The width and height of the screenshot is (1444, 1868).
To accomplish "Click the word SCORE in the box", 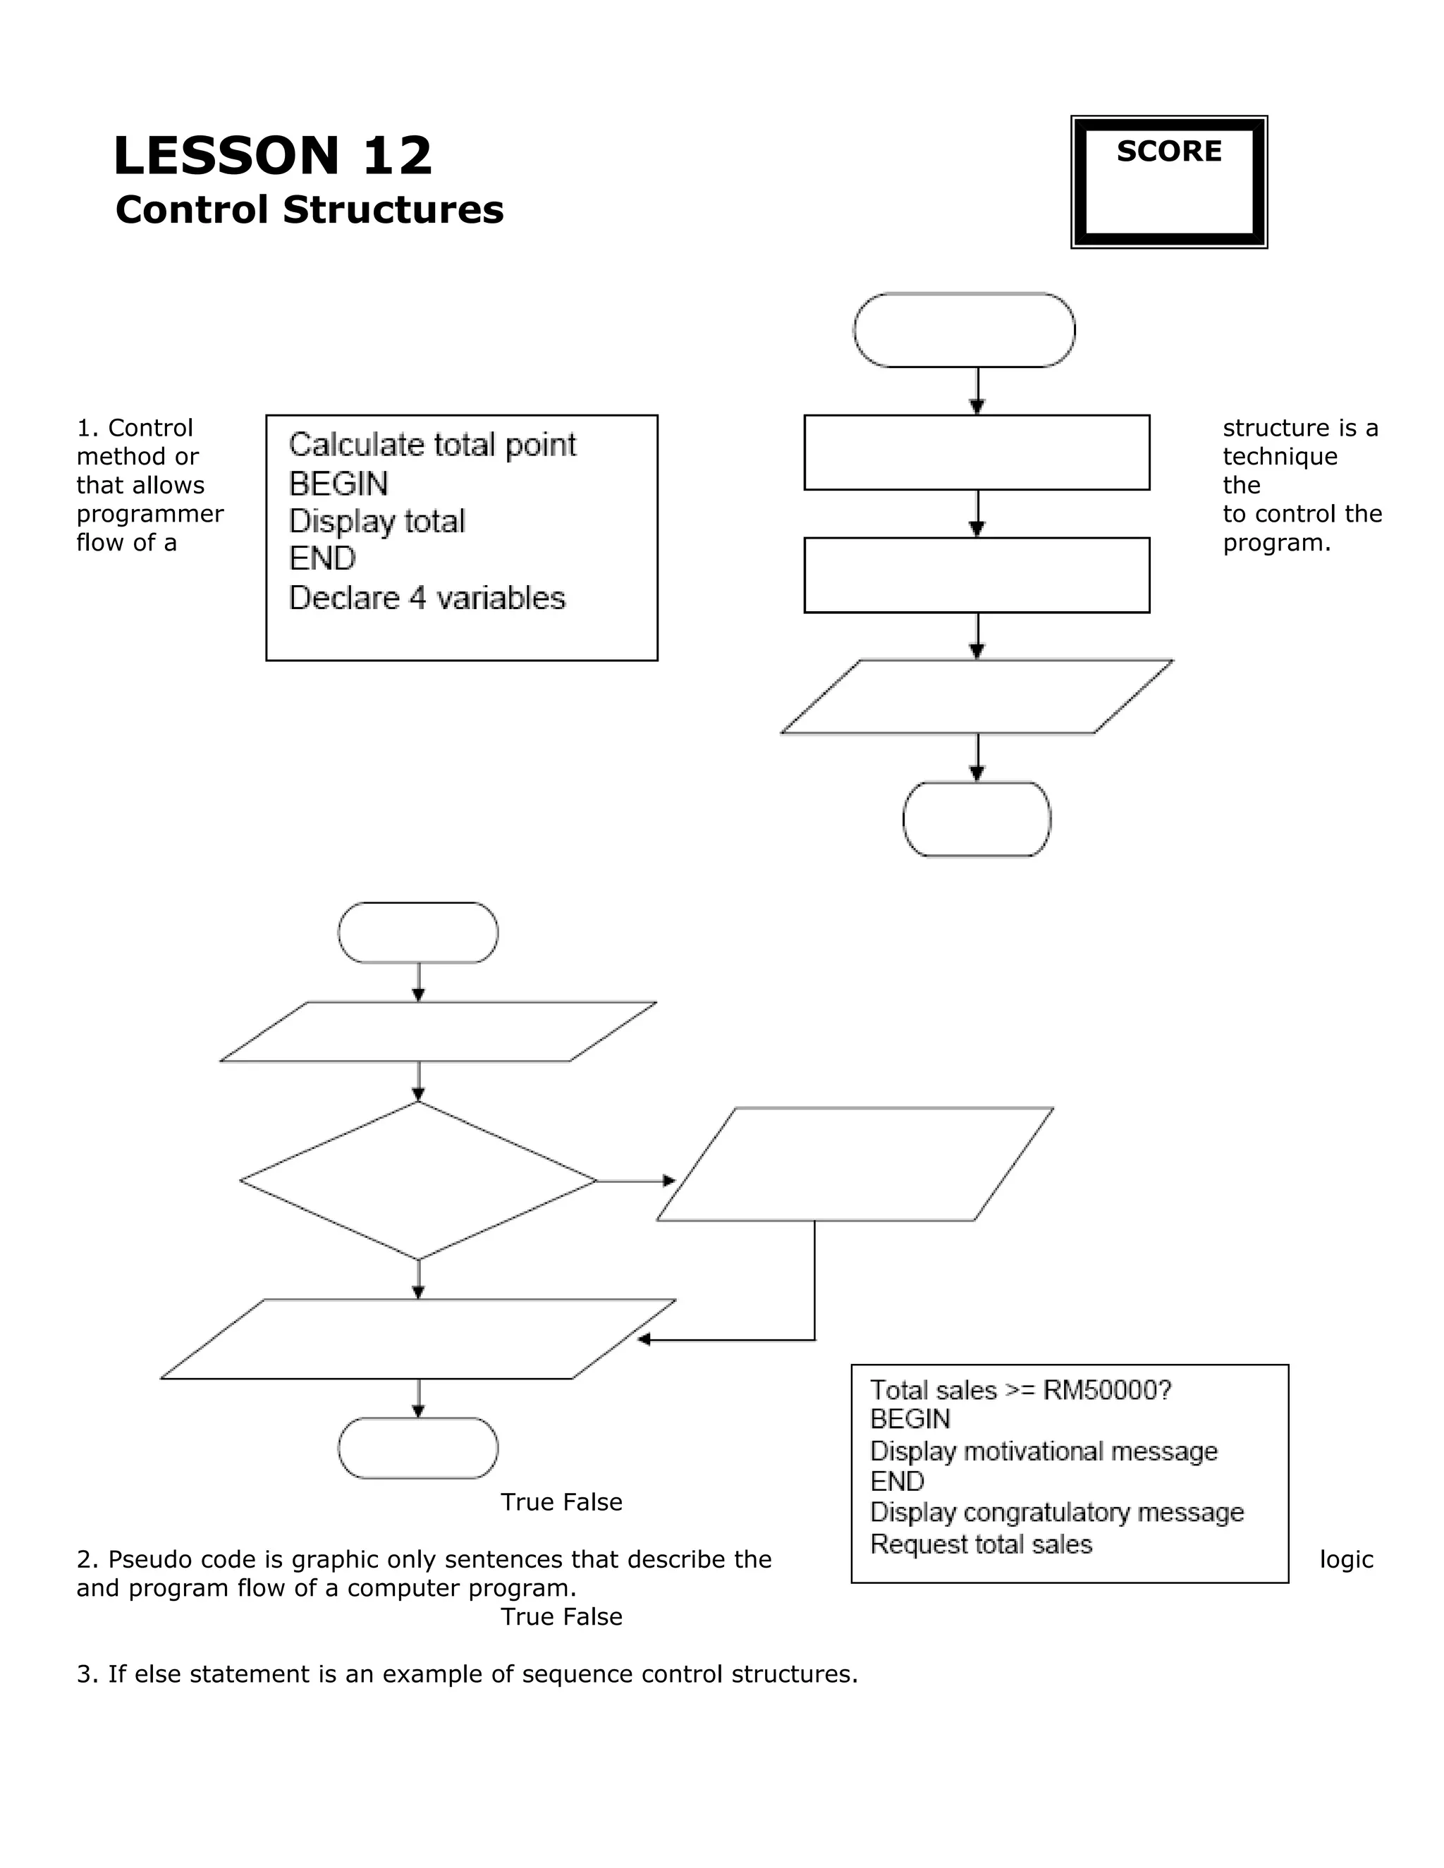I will (1168, 152).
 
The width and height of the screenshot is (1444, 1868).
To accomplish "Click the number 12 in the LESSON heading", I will (397, 156).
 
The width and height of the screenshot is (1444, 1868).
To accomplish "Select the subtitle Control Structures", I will (310, 209).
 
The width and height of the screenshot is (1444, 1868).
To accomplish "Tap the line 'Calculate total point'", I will (432, 445).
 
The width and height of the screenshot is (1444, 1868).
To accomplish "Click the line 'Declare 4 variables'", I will (427, 598).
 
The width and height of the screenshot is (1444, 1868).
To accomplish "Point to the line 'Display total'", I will (377, 521).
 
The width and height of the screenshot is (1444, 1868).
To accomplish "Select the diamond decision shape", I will (418, 1181).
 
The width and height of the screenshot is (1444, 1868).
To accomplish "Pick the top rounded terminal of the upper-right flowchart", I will (964, 330).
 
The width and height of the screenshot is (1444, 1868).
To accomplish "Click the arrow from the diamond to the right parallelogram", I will (635, 1181).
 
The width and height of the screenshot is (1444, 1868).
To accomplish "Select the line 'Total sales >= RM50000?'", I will (1020, 1390).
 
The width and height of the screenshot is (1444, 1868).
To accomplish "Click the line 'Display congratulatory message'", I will (1056, 1512).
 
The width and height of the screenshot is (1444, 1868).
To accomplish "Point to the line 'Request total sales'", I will (981, 1544).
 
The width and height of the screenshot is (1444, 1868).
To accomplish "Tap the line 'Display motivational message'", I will (1044, 1451).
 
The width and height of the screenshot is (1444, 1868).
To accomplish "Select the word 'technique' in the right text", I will (1280, 457).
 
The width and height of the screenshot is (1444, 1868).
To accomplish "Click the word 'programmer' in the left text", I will (149, 514).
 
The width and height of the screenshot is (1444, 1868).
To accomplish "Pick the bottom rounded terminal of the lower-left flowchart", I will (418, 1448).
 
